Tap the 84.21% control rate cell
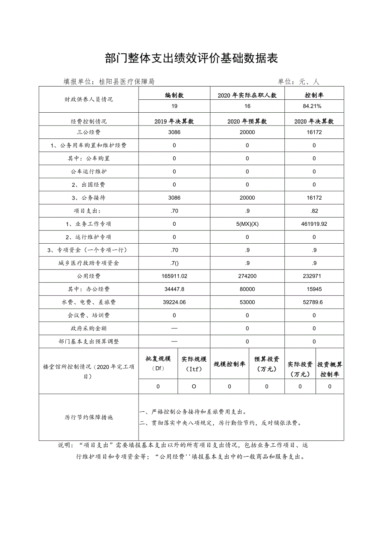[314, 106]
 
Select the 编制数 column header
[174, 95]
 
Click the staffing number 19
[174, 106]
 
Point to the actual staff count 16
[247, 106]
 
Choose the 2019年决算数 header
[174, 121]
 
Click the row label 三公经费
[89, 132]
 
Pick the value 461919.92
[314, 224]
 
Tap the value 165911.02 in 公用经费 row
[174, 276]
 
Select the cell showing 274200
[247, 276]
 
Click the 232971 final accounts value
[314, 276]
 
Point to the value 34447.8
[174, 289]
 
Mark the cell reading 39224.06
[174, 302]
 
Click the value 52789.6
[314, 302]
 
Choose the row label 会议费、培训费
[89, 315]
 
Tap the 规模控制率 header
[229, 364]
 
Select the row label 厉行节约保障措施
[89, 417]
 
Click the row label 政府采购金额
[89, 329]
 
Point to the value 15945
[314, 289]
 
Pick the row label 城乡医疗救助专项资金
[89, 263]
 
